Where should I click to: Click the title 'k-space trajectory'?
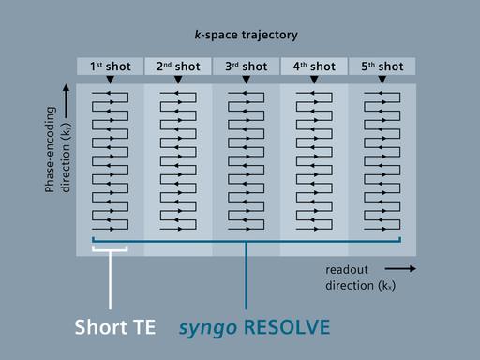coord(245,36)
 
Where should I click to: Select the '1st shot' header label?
coord(110,67)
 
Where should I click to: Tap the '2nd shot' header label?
coord(177,67)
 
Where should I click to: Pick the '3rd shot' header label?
coord(246,67)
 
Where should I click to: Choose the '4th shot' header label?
coord(313,67)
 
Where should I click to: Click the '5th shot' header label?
coord(382,67)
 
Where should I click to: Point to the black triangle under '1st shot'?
coord(110,82)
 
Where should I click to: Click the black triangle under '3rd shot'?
coord(246,82)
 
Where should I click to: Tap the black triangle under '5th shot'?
coord(382,82)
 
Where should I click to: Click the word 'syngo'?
coord(208,328)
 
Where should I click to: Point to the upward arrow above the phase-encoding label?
coord(64,94)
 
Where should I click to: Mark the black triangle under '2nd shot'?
coord(177,82)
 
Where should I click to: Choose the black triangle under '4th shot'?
coord(313,82)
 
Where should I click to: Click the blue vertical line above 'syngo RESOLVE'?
coord(246,281)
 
